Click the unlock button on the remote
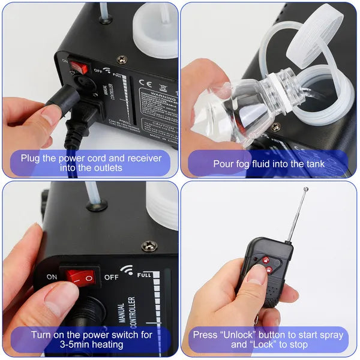click(x=265, y=260)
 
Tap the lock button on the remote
click(x=268, y=270)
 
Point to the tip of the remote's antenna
click(x=306, y=190)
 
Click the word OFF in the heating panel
click(x=112, y=277)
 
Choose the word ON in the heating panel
click(x=52, y=277)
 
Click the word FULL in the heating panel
click(x=145, y=274)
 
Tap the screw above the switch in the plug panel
click(x=122, y=59)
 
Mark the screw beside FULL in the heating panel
click(x=148, y=246)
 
